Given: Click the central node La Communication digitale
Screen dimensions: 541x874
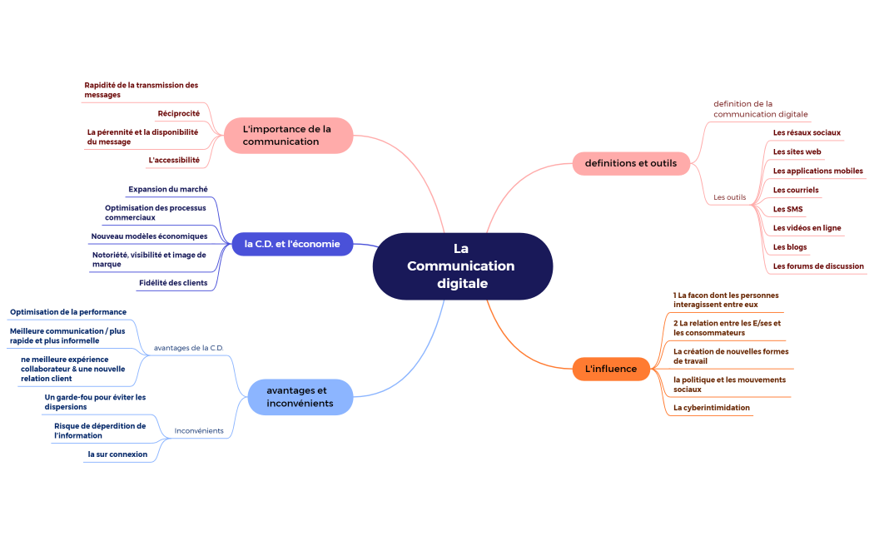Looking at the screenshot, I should (462, 266).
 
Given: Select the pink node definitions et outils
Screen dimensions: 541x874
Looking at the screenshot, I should (631, 163).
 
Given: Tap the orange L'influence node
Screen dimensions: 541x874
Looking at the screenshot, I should (611, 369).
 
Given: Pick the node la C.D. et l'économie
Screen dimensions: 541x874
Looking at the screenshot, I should (292, 244).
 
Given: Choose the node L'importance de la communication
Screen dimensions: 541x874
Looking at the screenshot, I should (287, 135).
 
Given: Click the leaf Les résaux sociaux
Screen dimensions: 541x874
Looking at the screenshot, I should (807, 132).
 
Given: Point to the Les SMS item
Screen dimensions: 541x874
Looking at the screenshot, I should (787, 209).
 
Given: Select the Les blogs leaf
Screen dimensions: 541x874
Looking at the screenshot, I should (790, 247).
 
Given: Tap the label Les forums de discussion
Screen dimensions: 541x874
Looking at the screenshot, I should (818, 266).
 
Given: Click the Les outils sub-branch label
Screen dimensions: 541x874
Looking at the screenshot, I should (730, 197).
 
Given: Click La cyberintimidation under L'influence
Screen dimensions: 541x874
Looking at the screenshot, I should (712, 408).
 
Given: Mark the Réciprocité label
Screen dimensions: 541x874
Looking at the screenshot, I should (178, 113).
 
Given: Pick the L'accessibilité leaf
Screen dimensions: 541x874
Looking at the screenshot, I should (174, 160).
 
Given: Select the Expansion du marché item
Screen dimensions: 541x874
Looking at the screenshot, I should (168, 189).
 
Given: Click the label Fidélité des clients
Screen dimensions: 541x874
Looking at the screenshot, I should (173, 282).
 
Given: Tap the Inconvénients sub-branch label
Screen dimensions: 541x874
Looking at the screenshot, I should (199, 430).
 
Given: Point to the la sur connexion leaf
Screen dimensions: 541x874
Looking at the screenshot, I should (117, 454).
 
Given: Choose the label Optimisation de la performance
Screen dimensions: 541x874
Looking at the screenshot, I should (68, 312).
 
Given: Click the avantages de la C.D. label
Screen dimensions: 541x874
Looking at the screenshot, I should (189, 347).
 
